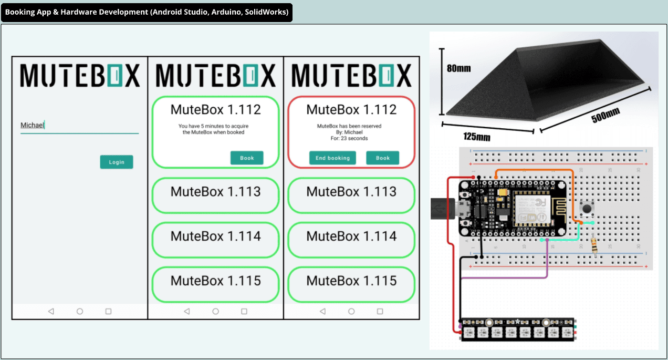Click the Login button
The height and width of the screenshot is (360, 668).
pos(117,162)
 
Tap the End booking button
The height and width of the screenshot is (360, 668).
pos(332,158)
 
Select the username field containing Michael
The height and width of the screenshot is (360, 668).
pos(79,125)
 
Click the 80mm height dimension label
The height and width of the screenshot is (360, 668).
pos(458,68)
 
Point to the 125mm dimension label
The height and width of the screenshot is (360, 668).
pos(476,137)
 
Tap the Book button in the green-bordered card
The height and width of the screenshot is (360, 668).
pos(247,158)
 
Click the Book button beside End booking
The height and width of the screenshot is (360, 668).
pos(382,158)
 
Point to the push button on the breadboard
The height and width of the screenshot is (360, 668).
pos(586,209)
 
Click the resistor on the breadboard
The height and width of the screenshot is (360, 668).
pos(594,245)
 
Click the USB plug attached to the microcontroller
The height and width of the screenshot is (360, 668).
pos(441,209)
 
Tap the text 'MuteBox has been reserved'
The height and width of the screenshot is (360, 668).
pos(349,126)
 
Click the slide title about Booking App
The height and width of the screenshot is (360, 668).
pos(147,12)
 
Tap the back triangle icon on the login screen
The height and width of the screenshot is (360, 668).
pos(51,311)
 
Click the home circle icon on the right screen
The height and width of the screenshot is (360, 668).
pos(351,311)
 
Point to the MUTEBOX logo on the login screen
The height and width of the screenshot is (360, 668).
pos(80,76)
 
